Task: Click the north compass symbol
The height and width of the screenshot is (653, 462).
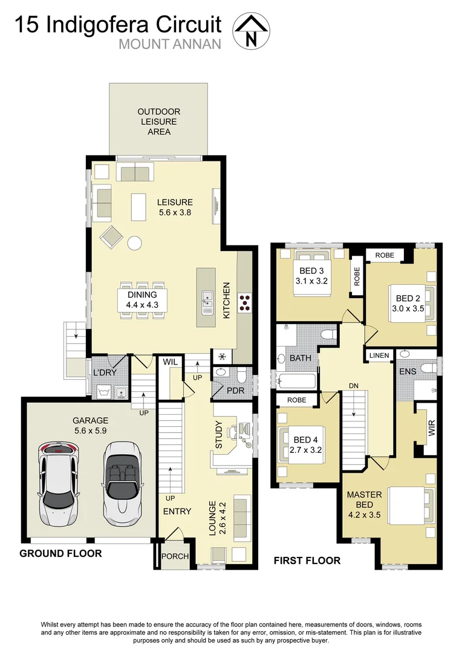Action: pyautogui.click(x=252, y=30)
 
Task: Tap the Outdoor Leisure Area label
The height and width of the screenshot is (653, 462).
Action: pyautogui.click(x=158, y=122)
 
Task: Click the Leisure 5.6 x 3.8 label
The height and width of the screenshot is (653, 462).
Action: pyautogui.click(x=175, y=207)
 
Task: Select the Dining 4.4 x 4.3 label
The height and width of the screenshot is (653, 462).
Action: pyautogui.click(x=142, y=300)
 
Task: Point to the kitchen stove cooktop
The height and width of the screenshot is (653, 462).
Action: pyautogui.click(x=246, y=302)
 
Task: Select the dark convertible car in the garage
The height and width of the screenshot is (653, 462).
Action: pyautogui.click(x=122, y=483)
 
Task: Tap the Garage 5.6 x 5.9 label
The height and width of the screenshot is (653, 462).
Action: pyautogui.click(x=90, y=426)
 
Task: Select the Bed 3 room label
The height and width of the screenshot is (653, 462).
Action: pyautogui.click(x=311, y=276)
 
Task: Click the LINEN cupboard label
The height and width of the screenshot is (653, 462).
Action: pyautogui.click(x=379, y=355)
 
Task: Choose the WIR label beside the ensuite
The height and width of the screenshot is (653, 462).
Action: pyautogui.click(x=431, y=429)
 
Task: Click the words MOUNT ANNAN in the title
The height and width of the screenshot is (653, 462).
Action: pyautogui.click(x=170, y=44)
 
